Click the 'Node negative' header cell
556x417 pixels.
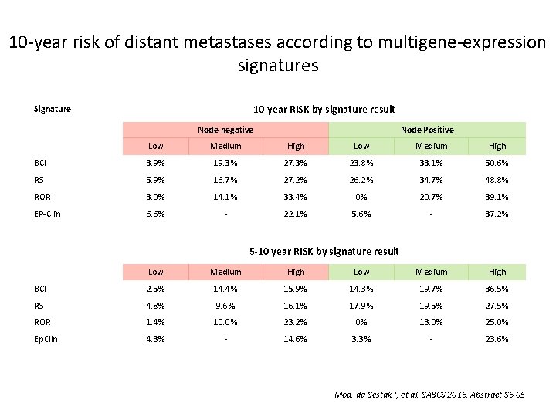[x=225, y=130]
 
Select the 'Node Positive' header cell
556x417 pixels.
[x=427, y=130]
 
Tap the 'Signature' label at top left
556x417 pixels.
[x=53, y=109]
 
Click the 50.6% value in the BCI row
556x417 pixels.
[x=497, y=164]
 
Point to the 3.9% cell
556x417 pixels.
[x=156, y=164]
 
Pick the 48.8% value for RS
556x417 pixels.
[x=497, y=181]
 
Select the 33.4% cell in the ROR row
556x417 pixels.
[x=296, y=197]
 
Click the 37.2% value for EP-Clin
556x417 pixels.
[x=497, y=214]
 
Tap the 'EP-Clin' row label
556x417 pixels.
[x=48, y=214]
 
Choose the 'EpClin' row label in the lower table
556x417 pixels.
[x=46, y=339]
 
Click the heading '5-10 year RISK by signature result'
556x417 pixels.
[x=324, y=251]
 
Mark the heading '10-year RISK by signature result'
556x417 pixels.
[x=324, y=109]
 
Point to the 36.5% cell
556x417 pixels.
[x=497, y=289]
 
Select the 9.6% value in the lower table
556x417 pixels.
[x=225, y=306]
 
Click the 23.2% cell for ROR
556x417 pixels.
[x=296, y=322]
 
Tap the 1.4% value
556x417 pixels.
[x=156, y=322]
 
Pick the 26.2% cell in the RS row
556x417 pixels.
[x=361, y=181]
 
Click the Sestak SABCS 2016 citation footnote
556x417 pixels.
[x=429, y=395]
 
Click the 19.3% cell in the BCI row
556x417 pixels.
[x=225, y=164]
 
